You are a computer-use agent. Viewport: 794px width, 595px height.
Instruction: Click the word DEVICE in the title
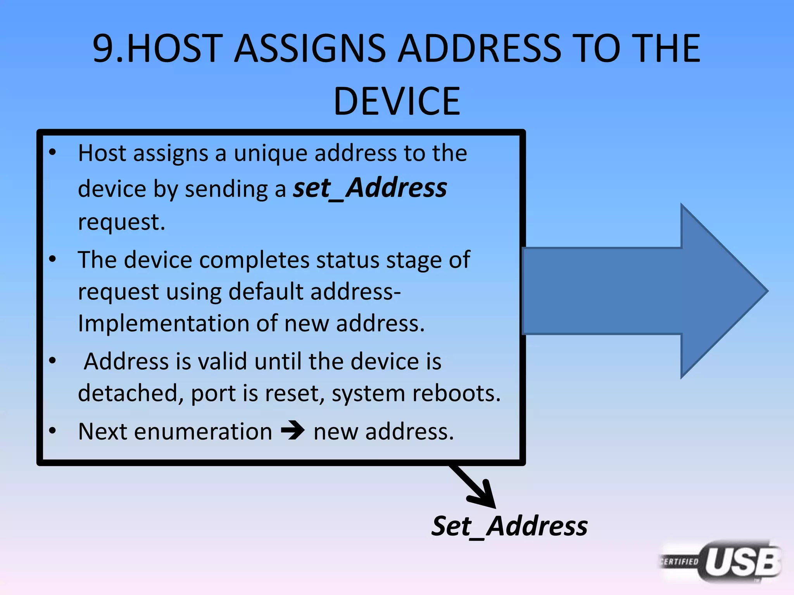click(397, 101)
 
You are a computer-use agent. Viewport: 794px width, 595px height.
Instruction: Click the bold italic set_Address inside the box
click(370, 188)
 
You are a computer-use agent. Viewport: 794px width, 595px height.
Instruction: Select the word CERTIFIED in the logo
click(680, 561)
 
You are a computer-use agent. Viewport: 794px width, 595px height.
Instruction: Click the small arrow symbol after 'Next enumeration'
click(293, 431)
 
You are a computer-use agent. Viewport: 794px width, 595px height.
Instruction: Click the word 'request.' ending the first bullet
click(122, 222)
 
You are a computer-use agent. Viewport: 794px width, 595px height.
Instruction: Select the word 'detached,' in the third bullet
click(131, 394)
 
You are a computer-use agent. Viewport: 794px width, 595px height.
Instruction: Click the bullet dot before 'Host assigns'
click(53, 152)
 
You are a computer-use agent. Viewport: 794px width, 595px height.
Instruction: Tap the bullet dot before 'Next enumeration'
click(53, 430)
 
